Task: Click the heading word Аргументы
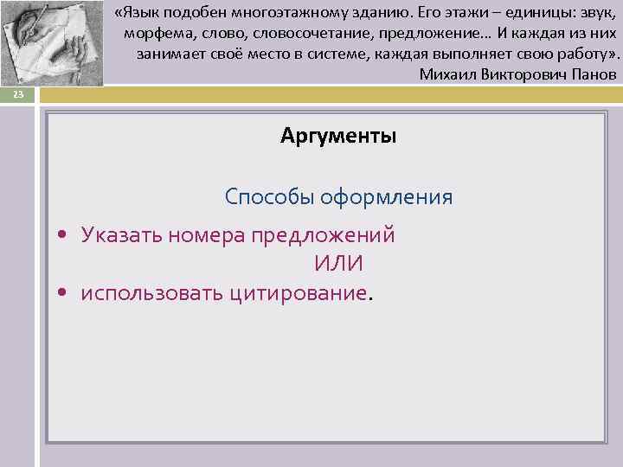click(x=338, y=136)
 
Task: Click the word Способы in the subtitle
click(x=268, y=197)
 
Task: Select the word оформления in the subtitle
click(x=386, y=197)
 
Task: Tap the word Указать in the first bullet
click(x=122, y=235)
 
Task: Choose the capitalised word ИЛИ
click(x=338, y=264)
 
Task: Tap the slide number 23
click(x=18, y=95)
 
